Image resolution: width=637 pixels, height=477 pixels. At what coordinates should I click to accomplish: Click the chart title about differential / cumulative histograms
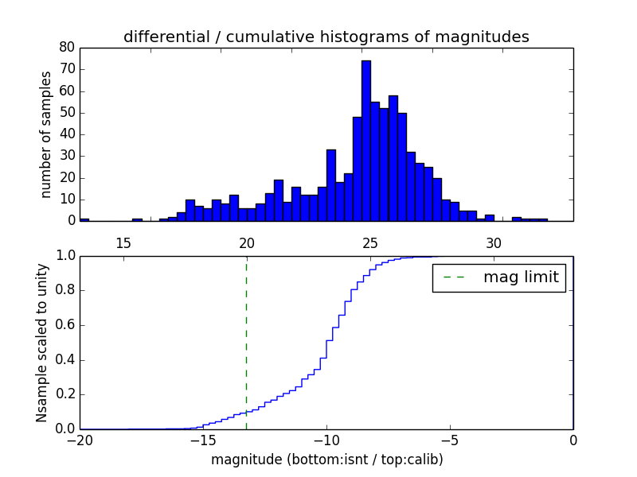[x=326, y=37]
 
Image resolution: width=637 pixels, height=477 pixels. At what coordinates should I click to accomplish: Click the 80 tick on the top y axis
[x=67, y=47]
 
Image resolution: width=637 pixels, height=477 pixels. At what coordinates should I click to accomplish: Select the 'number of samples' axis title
[x=46, y=134]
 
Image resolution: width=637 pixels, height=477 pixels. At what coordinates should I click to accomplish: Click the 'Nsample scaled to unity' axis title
[x=41, y=342]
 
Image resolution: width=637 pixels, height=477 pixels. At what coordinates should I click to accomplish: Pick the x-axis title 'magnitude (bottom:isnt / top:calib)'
[x=326, y=460]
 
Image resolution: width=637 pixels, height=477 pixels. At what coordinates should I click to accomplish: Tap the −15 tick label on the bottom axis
[x=203, y=440]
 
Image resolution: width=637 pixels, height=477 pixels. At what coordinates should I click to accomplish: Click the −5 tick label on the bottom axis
[x=450, y=440]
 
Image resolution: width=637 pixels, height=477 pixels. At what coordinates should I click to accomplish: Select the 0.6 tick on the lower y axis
[x=64, y=325]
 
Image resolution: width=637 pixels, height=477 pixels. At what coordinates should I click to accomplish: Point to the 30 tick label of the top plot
[x=494, y=242]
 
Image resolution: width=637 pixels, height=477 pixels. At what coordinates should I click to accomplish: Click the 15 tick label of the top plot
[x=123, y=242]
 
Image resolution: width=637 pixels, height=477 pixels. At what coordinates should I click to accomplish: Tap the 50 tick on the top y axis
[x=67, y=112]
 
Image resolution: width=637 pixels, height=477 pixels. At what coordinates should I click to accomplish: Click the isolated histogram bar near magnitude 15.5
[x=137, y=219]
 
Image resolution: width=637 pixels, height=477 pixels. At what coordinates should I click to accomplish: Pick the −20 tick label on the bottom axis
[x=80, y=440]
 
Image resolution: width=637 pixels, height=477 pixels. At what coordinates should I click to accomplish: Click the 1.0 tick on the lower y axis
[x=64, y=256]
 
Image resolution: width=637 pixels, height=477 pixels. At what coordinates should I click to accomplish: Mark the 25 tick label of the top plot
[x=370, y=242]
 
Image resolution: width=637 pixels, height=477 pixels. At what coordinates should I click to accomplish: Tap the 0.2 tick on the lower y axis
[x=64, y=394]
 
